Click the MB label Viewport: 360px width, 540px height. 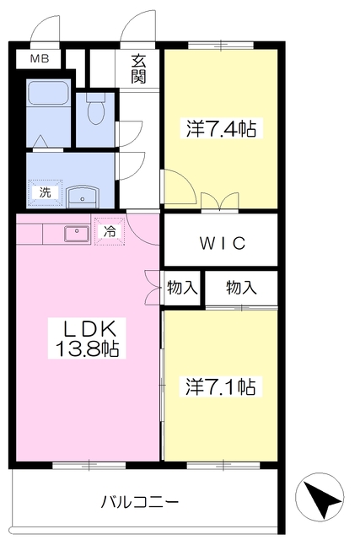click(x=40, y=59)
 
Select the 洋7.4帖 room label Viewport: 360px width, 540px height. click(x=221, y=129)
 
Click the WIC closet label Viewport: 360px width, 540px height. click(x=222, y=244)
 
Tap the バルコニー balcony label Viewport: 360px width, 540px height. click(x=140, y=502)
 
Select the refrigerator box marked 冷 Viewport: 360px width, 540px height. click(x=110, y=230)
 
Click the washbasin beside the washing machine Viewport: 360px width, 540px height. click(x=83, y=195)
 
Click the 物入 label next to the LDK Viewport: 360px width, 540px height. click(x=182, y=288)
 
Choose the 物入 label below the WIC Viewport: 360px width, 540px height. click(x=241, y=288)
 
